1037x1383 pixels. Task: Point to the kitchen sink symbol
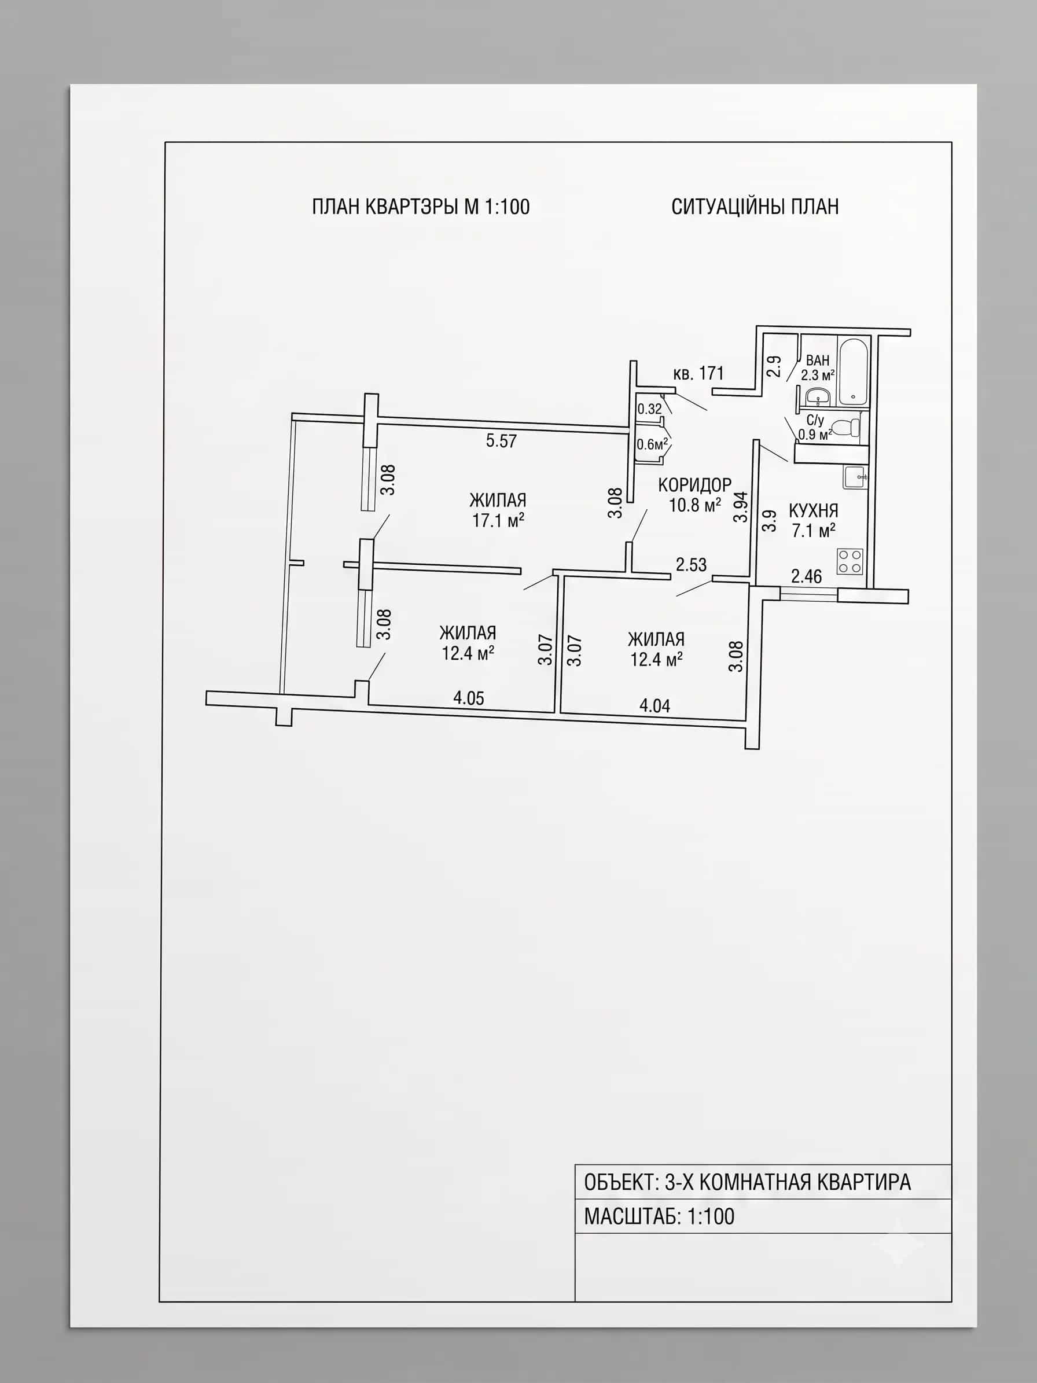click(x=855, y=477)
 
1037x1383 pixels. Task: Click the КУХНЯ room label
click(x=813, y=510)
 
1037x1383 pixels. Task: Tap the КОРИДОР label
click(x=694, y=484)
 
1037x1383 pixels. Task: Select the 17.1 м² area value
click(x=498, y=520)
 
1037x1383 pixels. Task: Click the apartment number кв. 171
click(x=698, y=373)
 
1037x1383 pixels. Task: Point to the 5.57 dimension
click(x=501, y=441)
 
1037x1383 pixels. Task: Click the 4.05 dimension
click(x=469, y=698)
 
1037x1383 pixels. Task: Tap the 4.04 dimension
click(x=654, y=705)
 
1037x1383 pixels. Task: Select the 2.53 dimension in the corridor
click(x=692, y=565)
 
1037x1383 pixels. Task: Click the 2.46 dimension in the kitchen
click(x=806, y=576)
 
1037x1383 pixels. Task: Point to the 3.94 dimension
click(x=741, y=507)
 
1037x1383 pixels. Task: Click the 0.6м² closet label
click(x=653, y=444)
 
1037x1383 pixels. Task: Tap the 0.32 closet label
click(x=649, y=409)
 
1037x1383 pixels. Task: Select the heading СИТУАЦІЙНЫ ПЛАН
click(x=755, y=207)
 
